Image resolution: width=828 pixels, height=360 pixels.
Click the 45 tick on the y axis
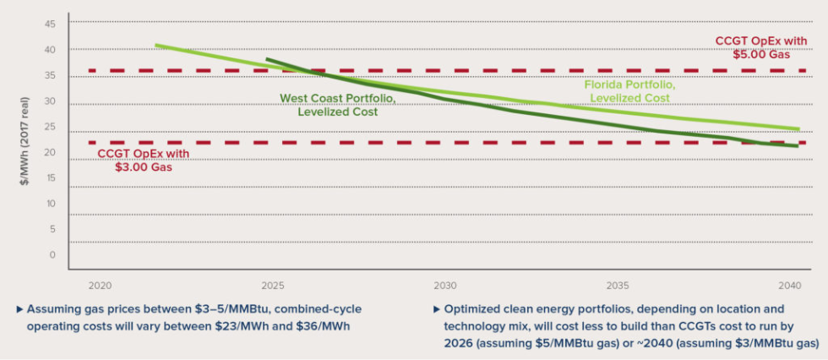pyautogui.click(x=50, y=24)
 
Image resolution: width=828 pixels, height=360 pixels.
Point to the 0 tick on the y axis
pyautogui.click(x=52, y=254)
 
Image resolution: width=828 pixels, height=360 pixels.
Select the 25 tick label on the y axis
pyautogui.click(x=50, y=132)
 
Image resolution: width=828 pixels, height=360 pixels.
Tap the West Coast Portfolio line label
pyautogui.click(x=338, y=106)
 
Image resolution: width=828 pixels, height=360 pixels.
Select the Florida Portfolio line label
pyautogui.click(x=630, y=91)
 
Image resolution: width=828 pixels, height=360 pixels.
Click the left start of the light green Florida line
pyautogui.click(x=156, y=46)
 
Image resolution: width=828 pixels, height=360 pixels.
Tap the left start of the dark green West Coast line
pyautogui.click(x=267, y=59)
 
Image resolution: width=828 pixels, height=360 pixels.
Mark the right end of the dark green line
pyautogui.click(x=798, y=145)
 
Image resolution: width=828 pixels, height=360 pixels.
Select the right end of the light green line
pyautogui.click(x=798, y=129)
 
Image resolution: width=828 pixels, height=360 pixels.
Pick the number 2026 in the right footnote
pyautogui.click(x=461, y=344)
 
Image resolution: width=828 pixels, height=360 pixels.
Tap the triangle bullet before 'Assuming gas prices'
pyautogui.click(x=19, y=309)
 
